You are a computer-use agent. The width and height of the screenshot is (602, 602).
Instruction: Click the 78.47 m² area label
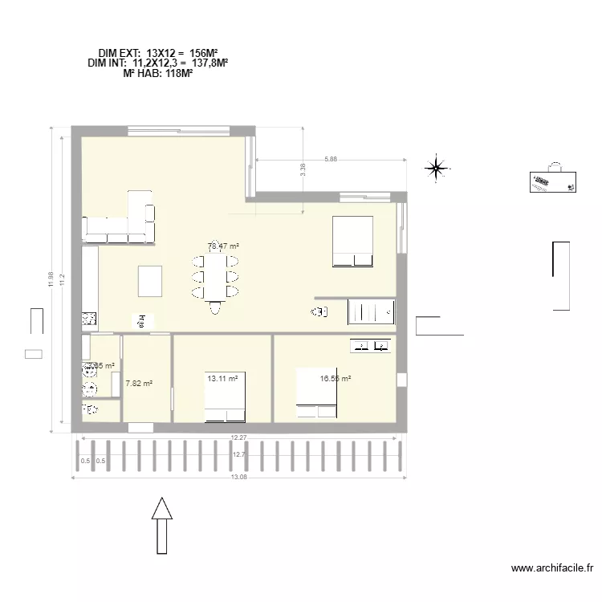pos(224,246)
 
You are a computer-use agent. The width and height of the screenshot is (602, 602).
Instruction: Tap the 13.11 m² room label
pos(223,379)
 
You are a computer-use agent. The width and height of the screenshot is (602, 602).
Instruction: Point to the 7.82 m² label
pos(139,384)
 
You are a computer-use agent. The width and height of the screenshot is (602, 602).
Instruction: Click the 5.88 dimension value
pos(331,160)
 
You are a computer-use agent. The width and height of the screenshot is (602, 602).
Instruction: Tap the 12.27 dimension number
pos(238,437)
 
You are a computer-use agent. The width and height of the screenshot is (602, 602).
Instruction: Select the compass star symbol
pos(436,168)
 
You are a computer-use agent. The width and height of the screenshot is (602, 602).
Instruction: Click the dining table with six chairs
pos(214,277)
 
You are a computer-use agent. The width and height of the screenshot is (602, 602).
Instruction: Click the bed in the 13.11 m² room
pos(226,397)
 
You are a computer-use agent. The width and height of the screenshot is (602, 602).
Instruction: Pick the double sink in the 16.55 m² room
pos(370,346)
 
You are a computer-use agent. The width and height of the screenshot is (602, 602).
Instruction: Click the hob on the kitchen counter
pos(89,319)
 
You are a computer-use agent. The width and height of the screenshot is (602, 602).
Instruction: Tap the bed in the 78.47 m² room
pos(353,241)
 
